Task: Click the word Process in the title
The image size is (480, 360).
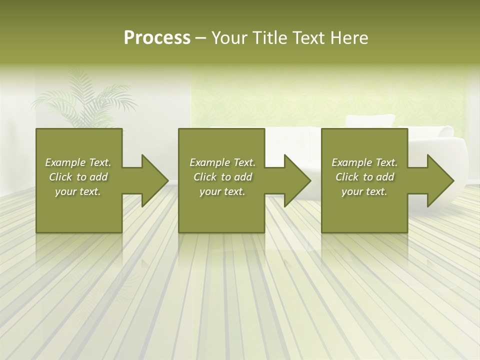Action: point(157,38)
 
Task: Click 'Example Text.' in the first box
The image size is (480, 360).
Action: point(78,162)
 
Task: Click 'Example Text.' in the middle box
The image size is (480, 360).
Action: point(222,162)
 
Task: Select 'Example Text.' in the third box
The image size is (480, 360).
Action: point(364,162)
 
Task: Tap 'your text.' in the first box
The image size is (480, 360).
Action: point(78,191)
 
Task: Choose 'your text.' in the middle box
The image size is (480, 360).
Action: point(222,191)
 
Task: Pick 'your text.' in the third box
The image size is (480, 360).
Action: point(364,191)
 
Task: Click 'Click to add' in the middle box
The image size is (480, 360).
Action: point(222,177)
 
